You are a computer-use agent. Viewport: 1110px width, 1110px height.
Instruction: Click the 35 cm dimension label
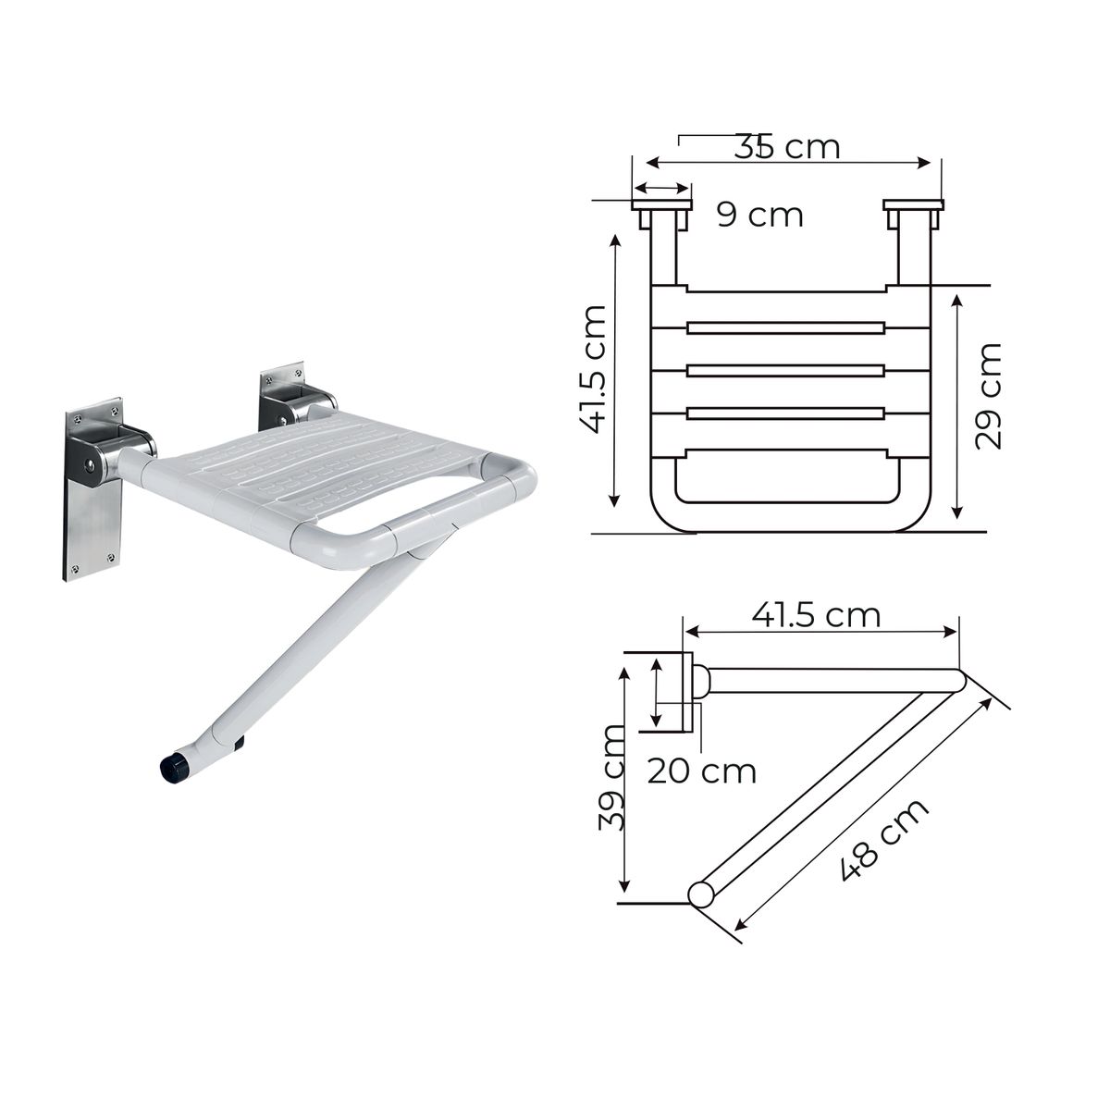coord(787,146)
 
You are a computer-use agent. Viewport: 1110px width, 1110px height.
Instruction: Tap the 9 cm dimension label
coord(760,215)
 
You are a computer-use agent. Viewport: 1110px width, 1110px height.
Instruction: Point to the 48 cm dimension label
coord(884,840)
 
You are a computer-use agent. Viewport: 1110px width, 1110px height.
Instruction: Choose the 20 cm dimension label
coord(701,770)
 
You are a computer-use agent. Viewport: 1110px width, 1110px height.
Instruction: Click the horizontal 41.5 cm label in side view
coord(816,614)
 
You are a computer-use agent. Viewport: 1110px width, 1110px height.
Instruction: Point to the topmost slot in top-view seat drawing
coord(786,327)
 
